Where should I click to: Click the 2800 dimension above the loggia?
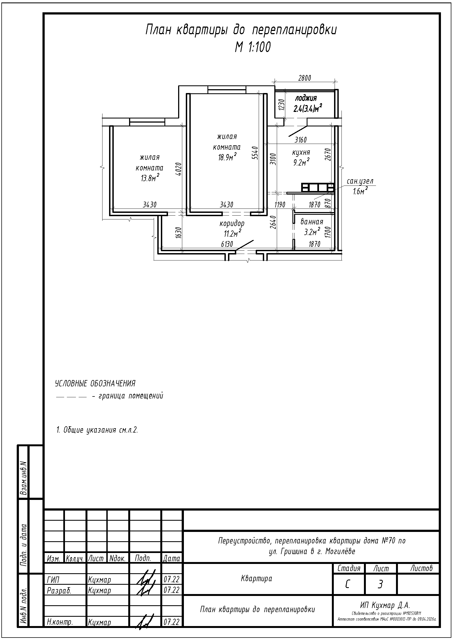pyautogui.click(x=304, y=78)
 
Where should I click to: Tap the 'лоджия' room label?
pyautogui.click(x=306, y=98)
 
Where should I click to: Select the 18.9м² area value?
pyautogui.click(x=227, y=157)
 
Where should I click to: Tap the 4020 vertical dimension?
pyautogui.click(x=179, y=169)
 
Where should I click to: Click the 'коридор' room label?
pyautogui.click(x=232, y=223)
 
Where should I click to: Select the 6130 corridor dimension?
pyautogui.click(x=227, y=244)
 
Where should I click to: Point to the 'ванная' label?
pyautogui.click(x=312, y=222)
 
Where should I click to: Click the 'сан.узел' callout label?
pyautogui.click(x=360, y=181)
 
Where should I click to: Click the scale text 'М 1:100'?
pyautogui.click(x=253, y=47)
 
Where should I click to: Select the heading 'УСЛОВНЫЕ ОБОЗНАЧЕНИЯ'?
pyautogui.click(x=95, y=384)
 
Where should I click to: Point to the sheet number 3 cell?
pyautogui.click(x=380, y=584)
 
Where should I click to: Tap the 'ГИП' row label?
pyautogui.click(x=53, y=580)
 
